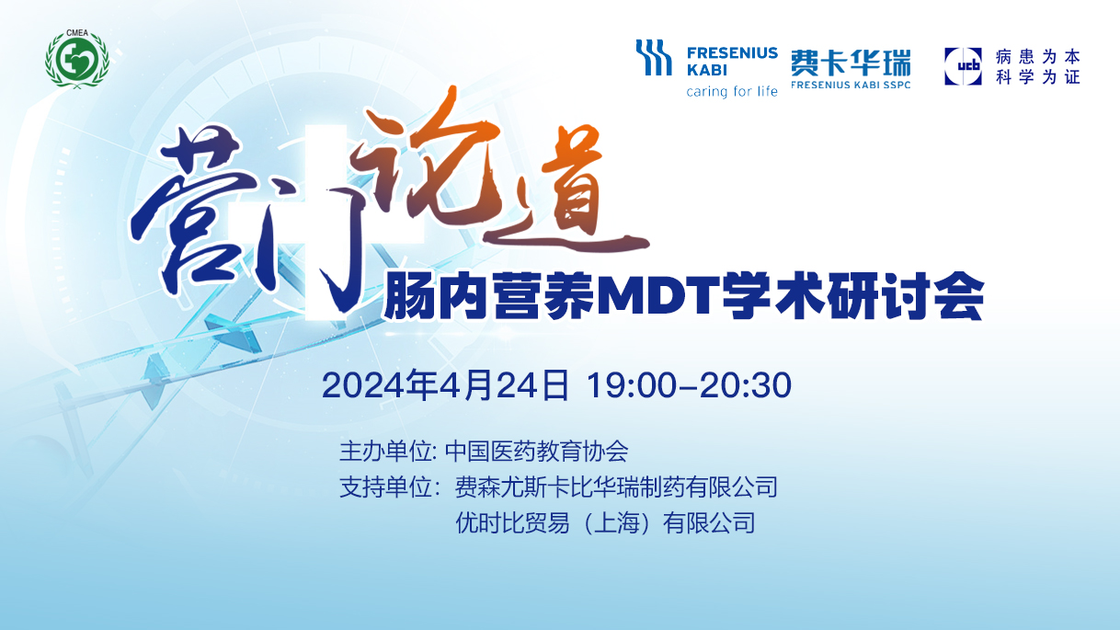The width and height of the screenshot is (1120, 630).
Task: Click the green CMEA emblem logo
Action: pos(77,59)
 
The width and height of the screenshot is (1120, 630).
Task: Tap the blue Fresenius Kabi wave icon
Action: pos(654,58)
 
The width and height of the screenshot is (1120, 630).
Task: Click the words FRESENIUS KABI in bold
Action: pos(732,61)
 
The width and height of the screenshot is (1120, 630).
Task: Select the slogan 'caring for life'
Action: pos(732,91)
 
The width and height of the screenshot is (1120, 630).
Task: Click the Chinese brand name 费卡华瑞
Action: pos(851,63)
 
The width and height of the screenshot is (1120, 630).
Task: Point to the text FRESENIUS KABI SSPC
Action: pos(851,85)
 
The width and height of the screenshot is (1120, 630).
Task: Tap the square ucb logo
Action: pos(963,66)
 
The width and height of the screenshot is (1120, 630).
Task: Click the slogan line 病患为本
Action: pos(1037,56)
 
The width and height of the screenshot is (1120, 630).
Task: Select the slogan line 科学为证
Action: pos(1037,76)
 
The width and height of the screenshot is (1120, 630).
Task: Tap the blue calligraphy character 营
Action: pos(195,210)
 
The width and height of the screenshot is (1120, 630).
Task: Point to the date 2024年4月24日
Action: pos(445,385)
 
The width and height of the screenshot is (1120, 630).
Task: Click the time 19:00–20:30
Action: pos(689,385)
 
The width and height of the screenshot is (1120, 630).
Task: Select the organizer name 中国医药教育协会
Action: pos(536,451)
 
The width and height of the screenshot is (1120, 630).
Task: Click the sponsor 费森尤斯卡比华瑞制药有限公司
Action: pos(616,487)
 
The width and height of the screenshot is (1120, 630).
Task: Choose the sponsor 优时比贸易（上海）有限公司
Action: pos(605,523)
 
